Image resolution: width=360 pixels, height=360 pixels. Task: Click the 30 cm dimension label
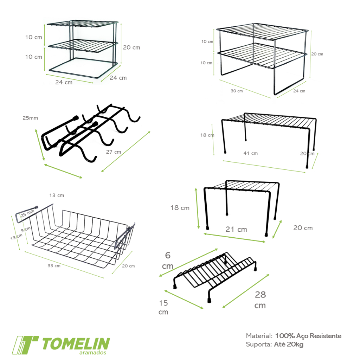pyautogui.click(x=237, y=91)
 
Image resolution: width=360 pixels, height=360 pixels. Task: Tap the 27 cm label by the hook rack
pyautogui.click(x=114, y=152)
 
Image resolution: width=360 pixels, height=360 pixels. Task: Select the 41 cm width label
pyautogui.click(x=250, y=153)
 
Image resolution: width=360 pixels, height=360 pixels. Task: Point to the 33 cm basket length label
pyautogui.click(x=54, y=266)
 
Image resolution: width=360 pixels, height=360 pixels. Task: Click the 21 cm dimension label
pyautogui.click(x=236, y=229)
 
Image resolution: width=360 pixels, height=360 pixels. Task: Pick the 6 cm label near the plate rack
pyautogui.click(x=168, y=261)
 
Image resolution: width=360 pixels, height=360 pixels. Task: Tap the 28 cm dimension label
pyautogui.click(x=260, y=300)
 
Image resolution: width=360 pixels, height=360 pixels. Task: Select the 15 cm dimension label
pyautogui.click(x=163, y=307)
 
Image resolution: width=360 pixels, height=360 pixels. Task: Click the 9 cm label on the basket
pyautogui.click(x=25, y=229)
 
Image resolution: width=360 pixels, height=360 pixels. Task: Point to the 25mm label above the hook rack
pyautogui.click(x=30, y=118)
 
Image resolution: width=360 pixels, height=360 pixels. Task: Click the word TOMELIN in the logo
pyautogui.click(x=76, y=344)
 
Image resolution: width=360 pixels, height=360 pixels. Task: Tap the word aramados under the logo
pyautogui.click(x=93, y=353)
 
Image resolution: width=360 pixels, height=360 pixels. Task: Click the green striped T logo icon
pyautogui.click(x=25, y=345)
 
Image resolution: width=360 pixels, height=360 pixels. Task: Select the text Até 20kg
pyautogui.click(x=289, y=345)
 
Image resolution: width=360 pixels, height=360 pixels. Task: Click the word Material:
pyautogui.click(x=259, y=336)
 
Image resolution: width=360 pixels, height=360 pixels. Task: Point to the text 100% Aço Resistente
pyautogui.click(x=308, y=336)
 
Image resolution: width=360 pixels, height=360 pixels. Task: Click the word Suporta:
pyautogui.click(x=259, y=345)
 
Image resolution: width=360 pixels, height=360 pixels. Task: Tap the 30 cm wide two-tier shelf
pyautogui.click(x=262, y=59)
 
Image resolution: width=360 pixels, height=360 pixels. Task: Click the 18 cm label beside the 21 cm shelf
pyautogui.click(x=180, y=208)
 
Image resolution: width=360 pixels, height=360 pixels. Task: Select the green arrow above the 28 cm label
pyautogui.click(x=246, y=291)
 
